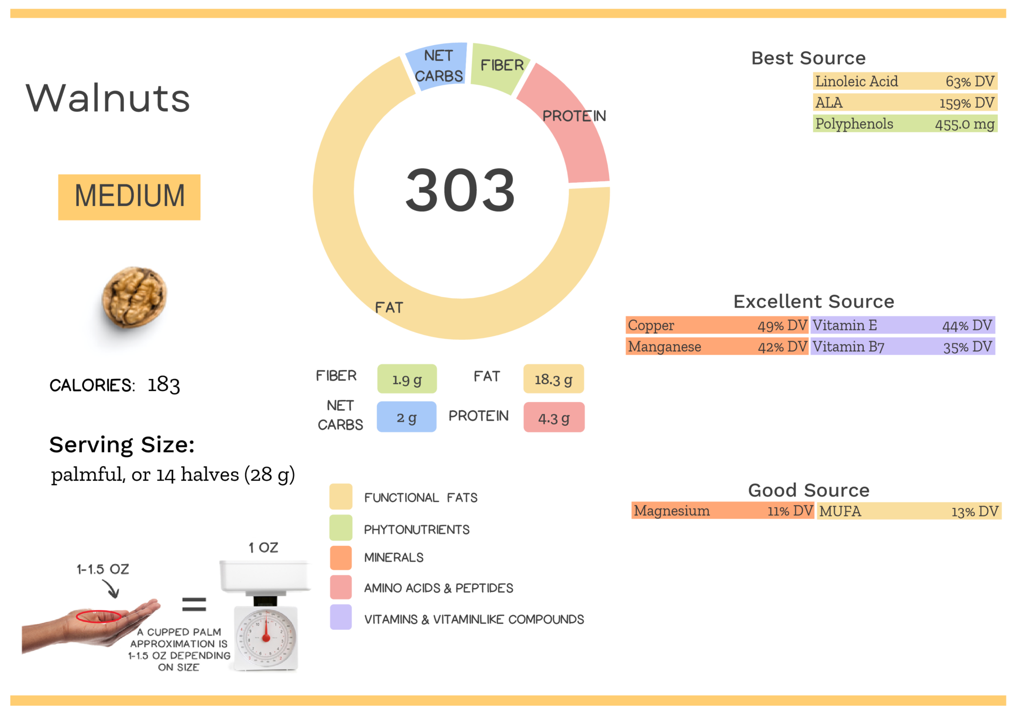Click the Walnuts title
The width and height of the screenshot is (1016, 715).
tap(108, 98)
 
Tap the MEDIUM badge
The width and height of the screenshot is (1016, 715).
tap(129, 197)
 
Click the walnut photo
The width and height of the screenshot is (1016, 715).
tap(134, 297)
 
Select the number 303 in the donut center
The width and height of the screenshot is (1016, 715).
tap(460, 190)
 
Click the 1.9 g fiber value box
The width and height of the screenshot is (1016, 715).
tap(407, 380)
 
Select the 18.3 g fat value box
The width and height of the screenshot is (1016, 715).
tap(554, 380)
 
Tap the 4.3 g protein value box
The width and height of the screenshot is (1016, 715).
tap(554, 418)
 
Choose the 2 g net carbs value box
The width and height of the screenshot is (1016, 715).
tap(407, 417)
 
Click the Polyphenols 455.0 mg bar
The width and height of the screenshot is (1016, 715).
tap(905, 124)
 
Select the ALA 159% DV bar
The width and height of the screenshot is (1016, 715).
tap(905, 103)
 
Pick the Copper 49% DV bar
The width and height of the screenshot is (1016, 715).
tap(717, 325)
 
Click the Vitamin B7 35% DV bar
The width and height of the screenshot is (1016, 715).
tap(902, 346)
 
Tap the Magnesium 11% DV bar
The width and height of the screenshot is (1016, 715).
tap(723, 511)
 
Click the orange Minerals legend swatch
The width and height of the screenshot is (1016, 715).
tap(341, 558)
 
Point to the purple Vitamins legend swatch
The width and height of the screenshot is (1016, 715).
tap(341, 617)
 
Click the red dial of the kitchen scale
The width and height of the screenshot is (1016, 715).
tap(266, 636)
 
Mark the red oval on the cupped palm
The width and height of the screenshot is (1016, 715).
tap(98, 616)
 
